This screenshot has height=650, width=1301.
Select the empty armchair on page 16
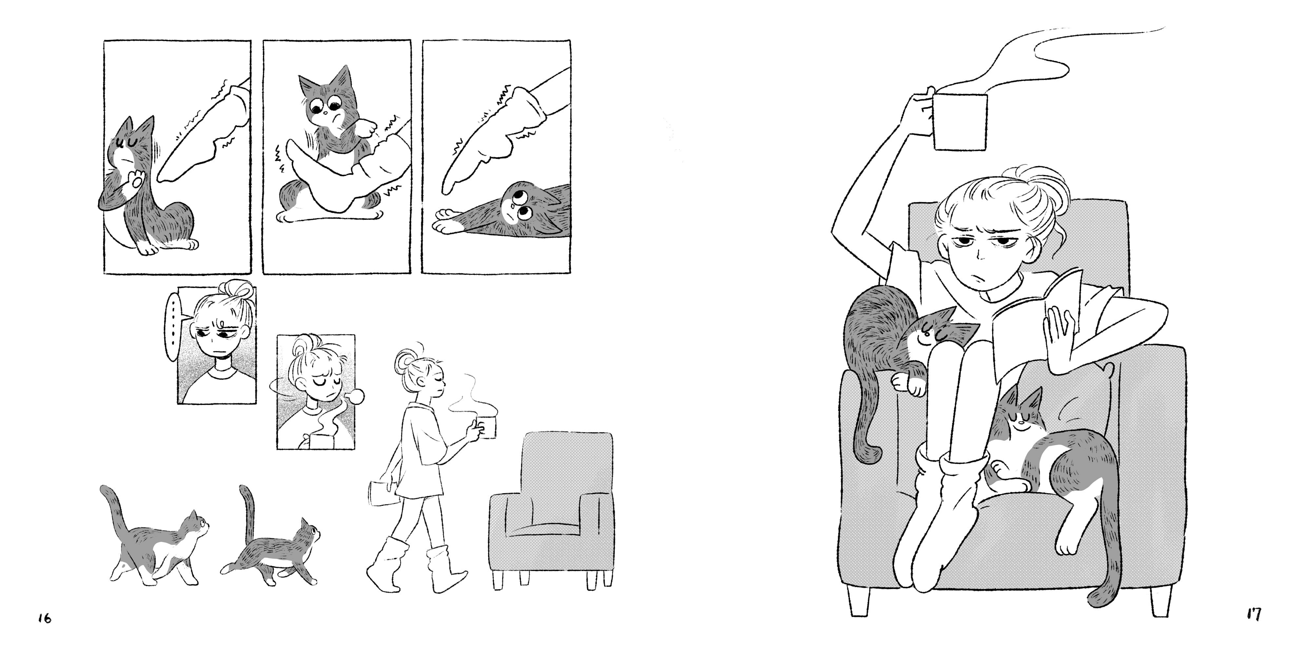(552, 510)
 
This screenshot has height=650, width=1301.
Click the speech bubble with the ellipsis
(174, 326)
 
